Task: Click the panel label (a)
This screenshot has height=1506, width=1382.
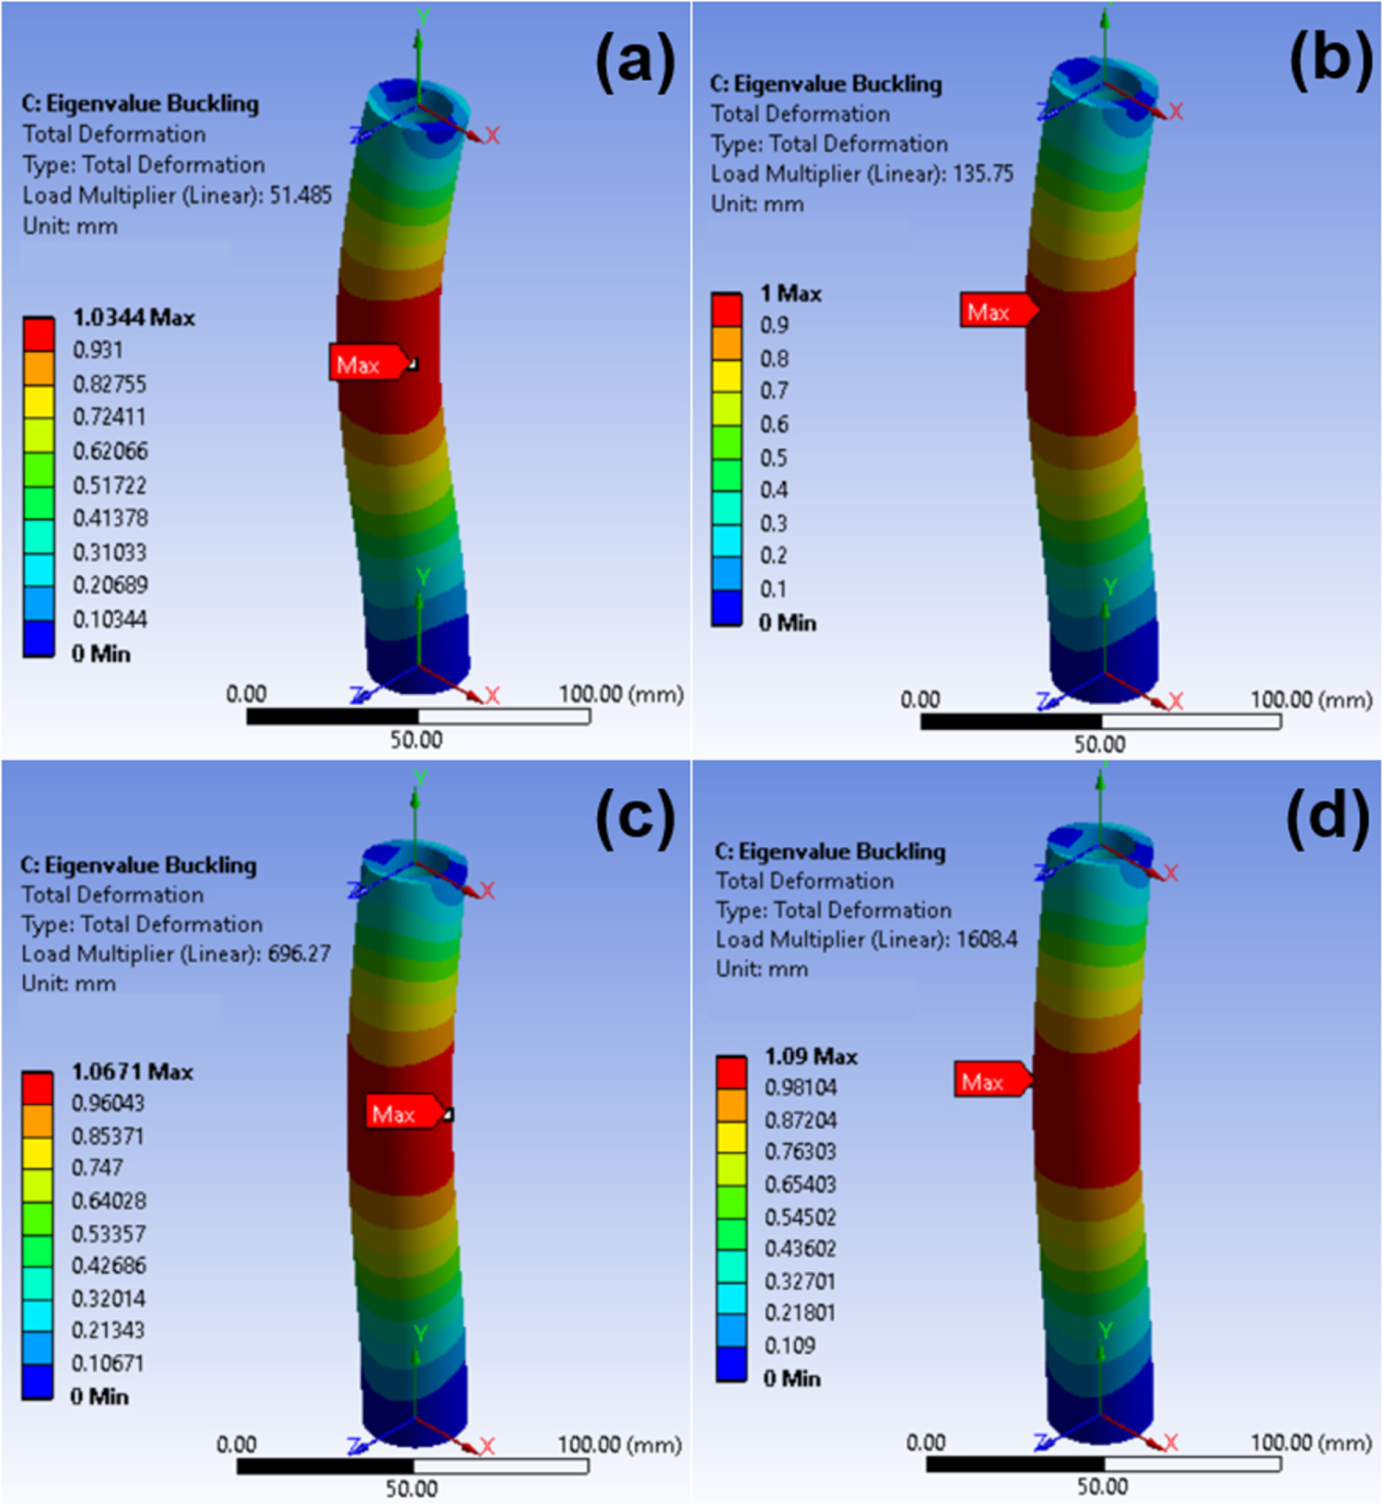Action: [635, 64]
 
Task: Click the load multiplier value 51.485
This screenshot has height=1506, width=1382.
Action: [300, 195]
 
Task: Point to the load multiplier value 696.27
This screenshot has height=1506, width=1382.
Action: [299, 953]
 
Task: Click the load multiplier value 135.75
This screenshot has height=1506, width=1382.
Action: [982, 173]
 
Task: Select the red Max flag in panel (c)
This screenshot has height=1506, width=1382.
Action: [402, 1113]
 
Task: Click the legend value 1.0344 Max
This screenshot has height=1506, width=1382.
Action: [133, 318]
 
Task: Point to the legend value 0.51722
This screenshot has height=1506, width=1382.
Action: [110, 485]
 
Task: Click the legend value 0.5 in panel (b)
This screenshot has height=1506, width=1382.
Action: [773, 457]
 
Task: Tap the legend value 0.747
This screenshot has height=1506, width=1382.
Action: [97, 1168]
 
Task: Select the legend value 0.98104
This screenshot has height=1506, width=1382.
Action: [800, 1088]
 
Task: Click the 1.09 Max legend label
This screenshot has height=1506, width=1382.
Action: [810, 1056]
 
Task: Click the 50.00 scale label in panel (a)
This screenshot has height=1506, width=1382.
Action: [416, 740]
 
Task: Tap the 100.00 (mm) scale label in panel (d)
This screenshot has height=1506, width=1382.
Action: [1310, 1442]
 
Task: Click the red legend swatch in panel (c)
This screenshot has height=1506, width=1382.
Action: [38, 1088]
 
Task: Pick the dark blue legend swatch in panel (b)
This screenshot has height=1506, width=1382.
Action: [727, 608]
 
